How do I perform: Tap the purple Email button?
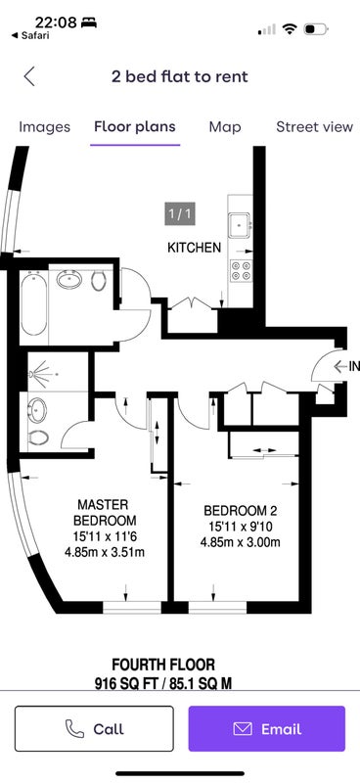pos(267,728)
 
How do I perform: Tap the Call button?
pos(94,728)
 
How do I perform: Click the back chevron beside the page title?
pos(29,76)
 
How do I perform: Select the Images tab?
pos(44,127)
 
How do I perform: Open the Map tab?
pos(225,127)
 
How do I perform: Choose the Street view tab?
pos(315,127)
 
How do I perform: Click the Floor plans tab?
pos(135,127)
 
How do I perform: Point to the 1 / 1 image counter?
pos(180,214)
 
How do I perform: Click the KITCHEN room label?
pos(194,248)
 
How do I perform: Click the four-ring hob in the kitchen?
pos(241,270)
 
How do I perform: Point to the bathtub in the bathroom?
pos(34,303)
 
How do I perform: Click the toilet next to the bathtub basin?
pos(99,281)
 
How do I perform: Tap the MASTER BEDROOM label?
pos(105,512)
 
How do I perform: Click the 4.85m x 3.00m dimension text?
pos(241,542)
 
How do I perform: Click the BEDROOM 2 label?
pos(241,511)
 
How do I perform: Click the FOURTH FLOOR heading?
pos(163,665)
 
